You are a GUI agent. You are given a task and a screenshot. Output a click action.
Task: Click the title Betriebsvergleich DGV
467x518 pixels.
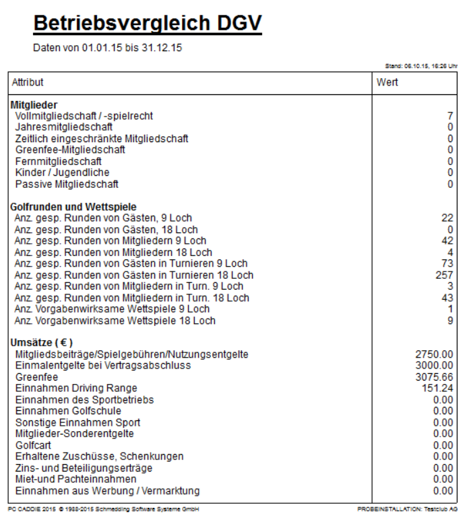point(147,24)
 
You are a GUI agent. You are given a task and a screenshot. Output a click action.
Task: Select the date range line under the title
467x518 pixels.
point(107,48)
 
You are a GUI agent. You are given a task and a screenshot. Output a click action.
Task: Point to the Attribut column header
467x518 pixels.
point(28,82)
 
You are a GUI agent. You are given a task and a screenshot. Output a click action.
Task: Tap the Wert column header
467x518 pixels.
point(387,82)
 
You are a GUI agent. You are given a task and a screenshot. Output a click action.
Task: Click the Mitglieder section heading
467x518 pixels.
point(34,104)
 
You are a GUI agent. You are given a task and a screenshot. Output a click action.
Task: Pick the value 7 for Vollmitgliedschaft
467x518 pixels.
point(449,116)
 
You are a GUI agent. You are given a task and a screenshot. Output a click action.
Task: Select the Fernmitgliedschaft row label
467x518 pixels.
point(58,162)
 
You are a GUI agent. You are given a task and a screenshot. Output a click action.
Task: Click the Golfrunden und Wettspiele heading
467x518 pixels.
point(74,206)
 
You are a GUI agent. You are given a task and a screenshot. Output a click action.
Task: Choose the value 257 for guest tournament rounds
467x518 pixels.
point(445,275)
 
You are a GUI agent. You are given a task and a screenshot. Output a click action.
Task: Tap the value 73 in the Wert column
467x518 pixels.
point(447,263)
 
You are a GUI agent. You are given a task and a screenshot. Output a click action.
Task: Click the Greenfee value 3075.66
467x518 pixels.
point(435,377)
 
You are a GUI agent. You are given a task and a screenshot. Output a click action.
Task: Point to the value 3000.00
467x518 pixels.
point(435,365)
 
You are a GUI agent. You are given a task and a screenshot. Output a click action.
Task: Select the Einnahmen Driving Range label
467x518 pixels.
point(75,388)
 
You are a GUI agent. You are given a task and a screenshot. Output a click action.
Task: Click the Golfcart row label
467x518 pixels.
point(34,445)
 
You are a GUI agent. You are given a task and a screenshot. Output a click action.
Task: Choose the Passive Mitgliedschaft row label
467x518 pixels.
point(67,185)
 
